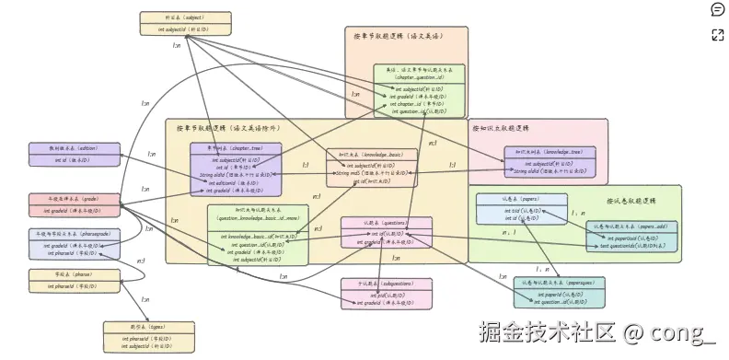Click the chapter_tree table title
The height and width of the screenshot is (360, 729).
(236, 147)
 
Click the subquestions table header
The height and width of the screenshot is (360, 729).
(387, 284)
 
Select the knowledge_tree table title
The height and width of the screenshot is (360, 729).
(550, 151)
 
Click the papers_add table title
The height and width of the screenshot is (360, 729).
(632, 226)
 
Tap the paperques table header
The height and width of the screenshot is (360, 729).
(559, 283)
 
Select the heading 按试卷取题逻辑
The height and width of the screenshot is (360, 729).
(631, 201)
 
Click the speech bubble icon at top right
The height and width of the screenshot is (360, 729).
(717, 10)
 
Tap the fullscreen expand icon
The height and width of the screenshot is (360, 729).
(717, 35)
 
